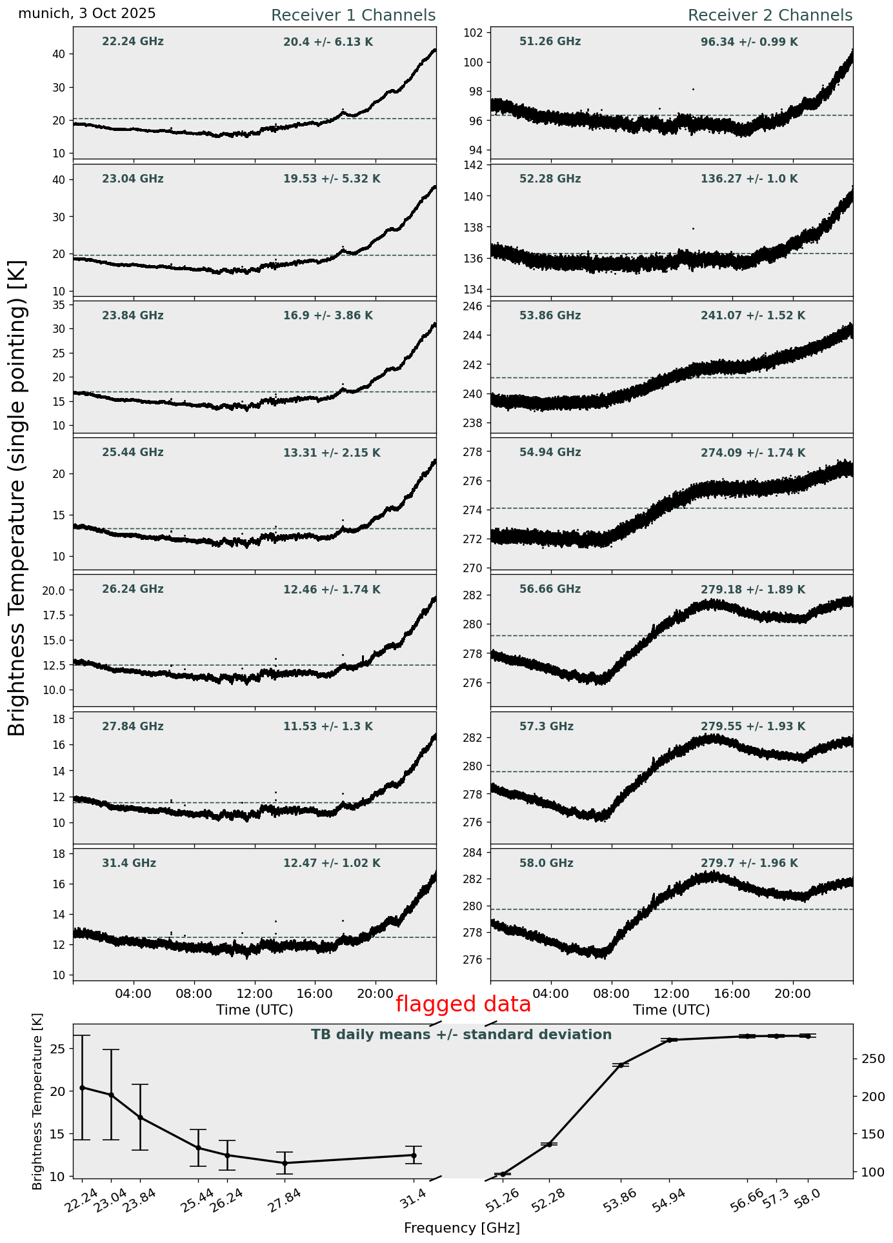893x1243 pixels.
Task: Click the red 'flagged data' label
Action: pyautogui.click(x=463, y=1004)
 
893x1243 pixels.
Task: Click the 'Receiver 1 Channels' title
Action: pyautogui.click(x=353, y=15)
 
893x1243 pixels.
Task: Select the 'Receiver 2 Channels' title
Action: pyautogui.click(x=770, y=15)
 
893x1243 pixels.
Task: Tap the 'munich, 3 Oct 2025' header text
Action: pyautogui.click(x=87, y=14)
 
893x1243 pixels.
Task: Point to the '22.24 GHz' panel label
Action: pyautogui.click(x=133, y=42)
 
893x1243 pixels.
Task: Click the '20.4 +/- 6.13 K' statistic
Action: pyautogui.click(x=328, y=43)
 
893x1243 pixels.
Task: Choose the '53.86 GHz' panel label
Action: pyautogui.click(x=550, y=316)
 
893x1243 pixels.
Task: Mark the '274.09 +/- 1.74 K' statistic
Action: pyautogui.click(x=752, y=453)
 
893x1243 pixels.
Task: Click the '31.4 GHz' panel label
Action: pyautogui.click(x=129, y=864)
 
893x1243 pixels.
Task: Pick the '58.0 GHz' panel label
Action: pyautogui.click(x=546, y=864)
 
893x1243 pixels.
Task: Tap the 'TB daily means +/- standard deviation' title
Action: pyautogui.click(x=461, y=1035)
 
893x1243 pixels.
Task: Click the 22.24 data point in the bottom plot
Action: pyautogui.click(x=82, y=1088)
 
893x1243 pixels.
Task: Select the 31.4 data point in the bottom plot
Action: pyautogui.click(x=414, y=1155)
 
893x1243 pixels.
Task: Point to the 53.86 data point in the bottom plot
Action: pyautogui.click(x=621, y=1065)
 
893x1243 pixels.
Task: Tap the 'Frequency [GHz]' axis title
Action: pyautogui.click(x=461, y=1228)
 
